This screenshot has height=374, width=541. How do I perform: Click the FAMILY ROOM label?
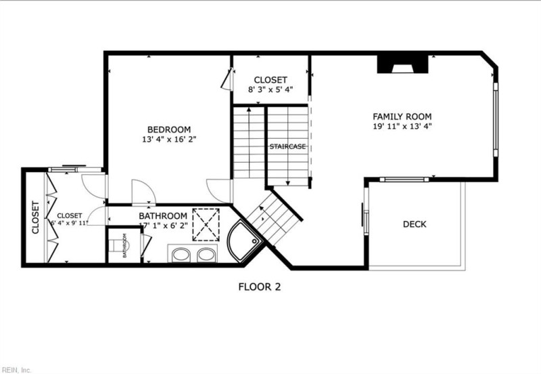click(402, 117)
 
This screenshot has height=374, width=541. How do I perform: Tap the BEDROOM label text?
click(169, 129)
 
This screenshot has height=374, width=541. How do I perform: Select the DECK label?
click(415, 224)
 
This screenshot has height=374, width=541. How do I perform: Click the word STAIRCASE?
click(287, 146)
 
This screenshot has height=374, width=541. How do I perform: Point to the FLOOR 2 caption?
click(259, 287)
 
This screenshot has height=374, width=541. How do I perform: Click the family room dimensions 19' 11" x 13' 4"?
click(402, 126)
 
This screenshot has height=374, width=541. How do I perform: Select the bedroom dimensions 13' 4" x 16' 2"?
click(169, 140)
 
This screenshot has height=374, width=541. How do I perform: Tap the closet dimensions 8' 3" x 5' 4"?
click(270, 89)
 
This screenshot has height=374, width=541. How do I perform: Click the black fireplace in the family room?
click(402, 64)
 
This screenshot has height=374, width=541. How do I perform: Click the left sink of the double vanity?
click(181, 255)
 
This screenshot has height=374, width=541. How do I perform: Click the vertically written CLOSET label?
click(35, 217)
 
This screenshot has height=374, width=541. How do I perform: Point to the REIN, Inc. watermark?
click(16, 369)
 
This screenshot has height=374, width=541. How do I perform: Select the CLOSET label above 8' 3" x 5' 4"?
click(270, 80)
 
